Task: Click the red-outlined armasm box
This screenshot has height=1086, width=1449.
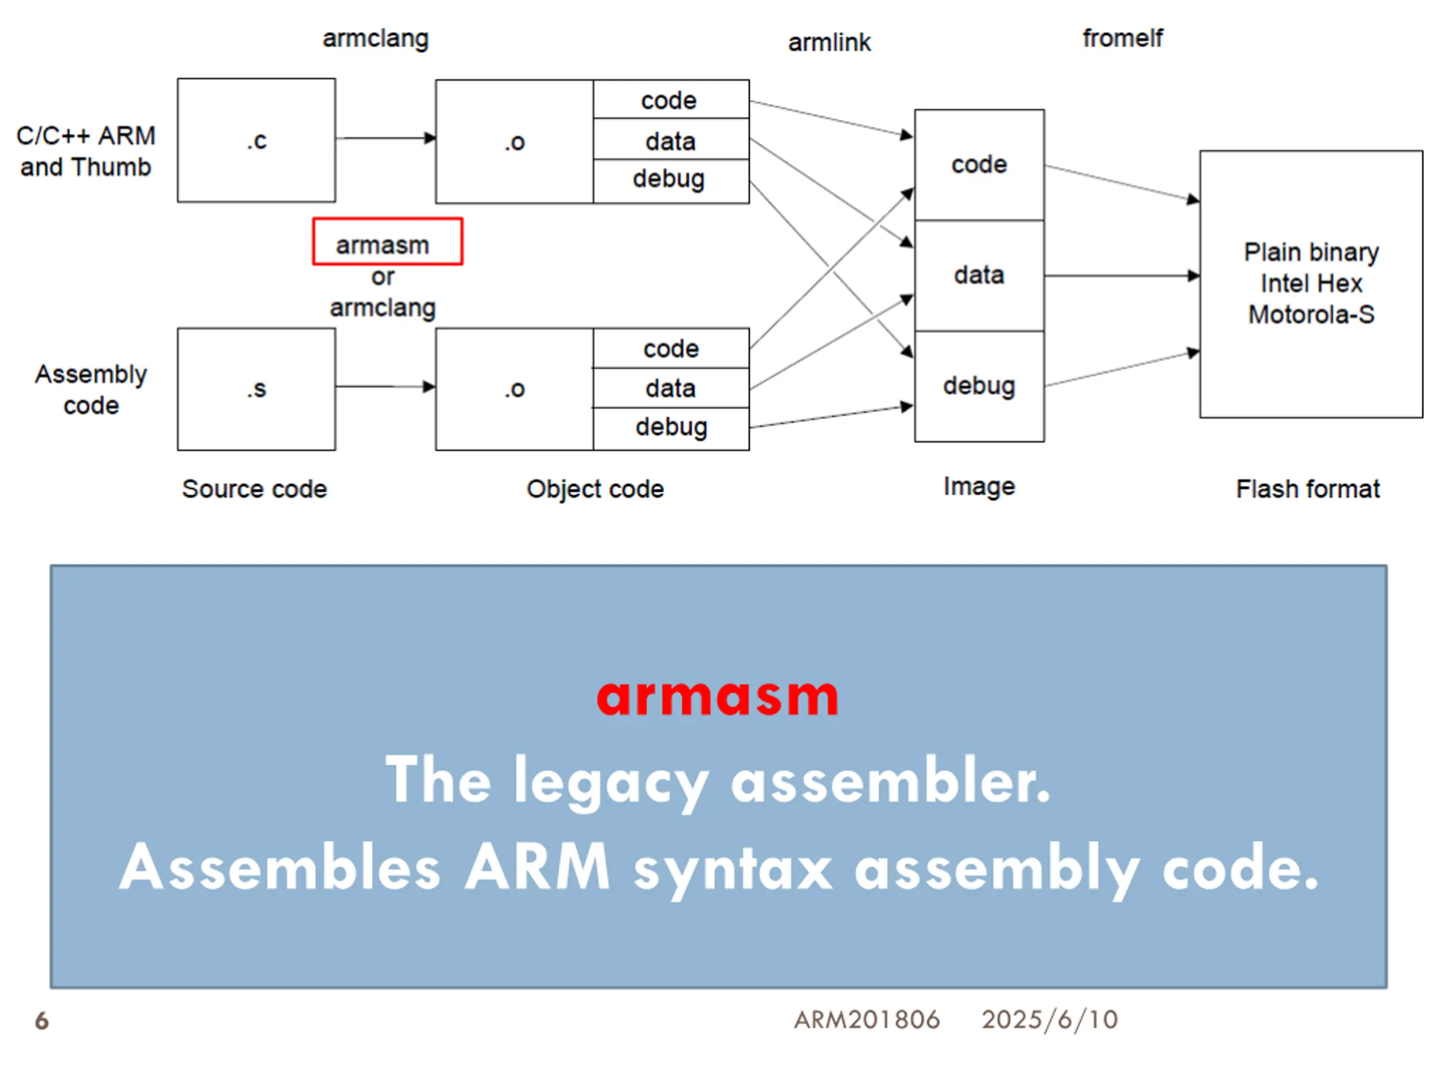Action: pos(388,242)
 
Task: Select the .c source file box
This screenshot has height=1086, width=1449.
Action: pos(256,140)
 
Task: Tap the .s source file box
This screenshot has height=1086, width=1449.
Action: pos(256,389)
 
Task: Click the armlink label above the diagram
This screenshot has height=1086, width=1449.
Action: pos(829,42)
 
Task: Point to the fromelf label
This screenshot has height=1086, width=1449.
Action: pos(1122,38)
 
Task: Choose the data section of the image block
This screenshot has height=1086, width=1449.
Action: pos(979,275)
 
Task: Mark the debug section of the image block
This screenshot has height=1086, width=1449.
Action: pos(979,386)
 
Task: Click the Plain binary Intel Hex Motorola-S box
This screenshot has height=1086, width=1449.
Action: pos(1311,284)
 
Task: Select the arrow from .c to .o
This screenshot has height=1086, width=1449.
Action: pos(386,138)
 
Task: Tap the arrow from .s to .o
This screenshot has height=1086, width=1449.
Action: pos(386,387)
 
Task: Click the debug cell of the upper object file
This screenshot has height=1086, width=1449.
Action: pos(671,180)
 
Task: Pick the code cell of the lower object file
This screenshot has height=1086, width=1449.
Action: pos(671,348)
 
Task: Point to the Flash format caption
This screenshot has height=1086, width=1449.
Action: pos(1307,489)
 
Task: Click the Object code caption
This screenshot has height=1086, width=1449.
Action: pos(595,490)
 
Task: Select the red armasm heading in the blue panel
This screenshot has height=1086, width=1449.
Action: pos(717,697)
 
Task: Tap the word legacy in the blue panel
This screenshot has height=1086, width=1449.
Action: pos(611,782)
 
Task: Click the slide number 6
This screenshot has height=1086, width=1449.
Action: pos(42,1020)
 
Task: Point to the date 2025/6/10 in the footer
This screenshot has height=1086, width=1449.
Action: pos(1049,1020)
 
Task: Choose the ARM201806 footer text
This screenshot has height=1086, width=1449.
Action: pos(867,1020)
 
